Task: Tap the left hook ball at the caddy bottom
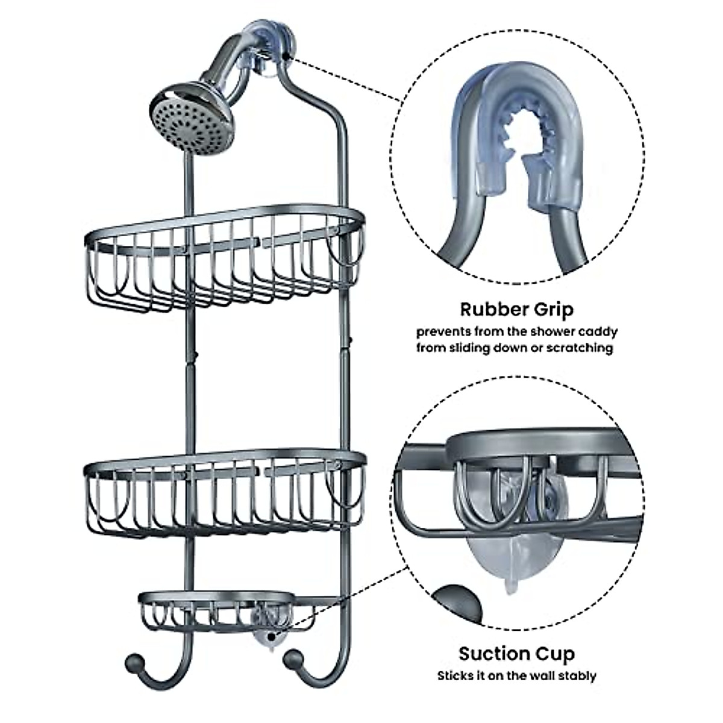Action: [x=133, y=663]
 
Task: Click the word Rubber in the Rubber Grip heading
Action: [x=489, y=310]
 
